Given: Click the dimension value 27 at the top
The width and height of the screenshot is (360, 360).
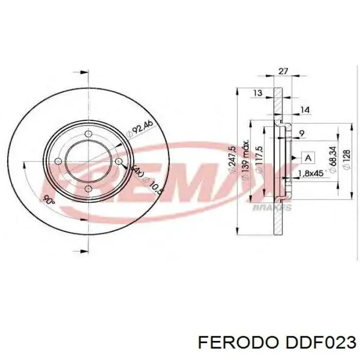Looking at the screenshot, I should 283,71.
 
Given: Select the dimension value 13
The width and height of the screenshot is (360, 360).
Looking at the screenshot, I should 258,93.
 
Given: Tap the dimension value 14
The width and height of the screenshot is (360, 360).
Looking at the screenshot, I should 305,109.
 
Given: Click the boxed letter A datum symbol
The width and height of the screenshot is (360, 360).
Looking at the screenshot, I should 308,157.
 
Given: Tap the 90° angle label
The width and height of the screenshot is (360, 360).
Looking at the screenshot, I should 49,201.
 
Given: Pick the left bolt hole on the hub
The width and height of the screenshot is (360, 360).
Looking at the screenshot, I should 58,162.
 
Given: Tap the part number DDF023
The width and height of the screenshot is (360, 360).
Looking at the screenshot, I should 317,343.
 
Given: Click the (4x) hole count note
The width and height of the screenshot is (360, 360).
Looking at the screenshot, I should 137,170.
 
